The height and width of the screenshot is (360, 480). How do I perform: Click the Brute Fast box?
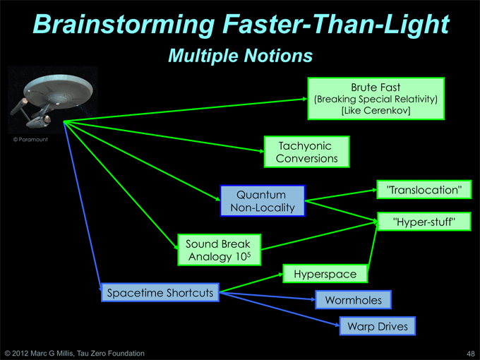[376, 99]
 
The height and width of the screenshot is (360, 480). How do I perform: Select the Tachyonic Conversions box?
[307, 152]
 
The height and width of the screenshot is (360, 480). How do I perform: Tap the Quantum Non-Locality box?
[263, 200]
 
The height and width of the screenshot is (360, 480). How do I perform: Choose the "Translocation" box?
[424, 190]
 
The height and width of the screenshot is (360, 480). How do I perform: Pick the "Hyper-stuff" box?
[424, 222]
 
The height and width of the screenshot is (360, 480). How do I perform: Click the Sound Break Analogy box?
[220, 250]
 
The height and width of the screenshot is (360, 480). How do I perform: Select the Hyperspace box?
[325, 274]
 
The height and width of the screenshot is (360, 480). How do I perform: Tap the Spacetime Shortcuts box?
[160, 293]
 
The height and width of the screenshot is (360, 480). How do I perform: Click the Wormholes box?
[353, 300]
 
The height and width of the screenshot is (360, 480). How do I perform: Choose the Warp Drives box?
[378, 326]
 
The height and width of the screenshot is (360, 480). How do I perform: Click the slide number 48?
[471, 354]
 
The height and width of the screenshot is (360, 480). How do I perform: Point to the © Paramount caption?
[30, 140]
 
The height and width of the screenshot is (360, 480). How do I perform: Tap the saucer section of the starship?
[58, 89]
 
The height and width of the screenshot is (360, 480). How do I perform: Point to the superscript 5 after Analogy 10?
[248, 254]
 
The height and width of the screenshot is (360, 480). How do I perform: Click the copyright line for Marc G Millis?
[74, 354]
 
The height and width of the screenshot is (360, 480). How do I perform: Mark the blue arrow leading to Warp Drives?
[280, 309]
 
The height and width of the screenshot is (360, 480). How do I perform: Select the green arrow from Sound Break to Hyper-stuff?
[320, 236]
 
